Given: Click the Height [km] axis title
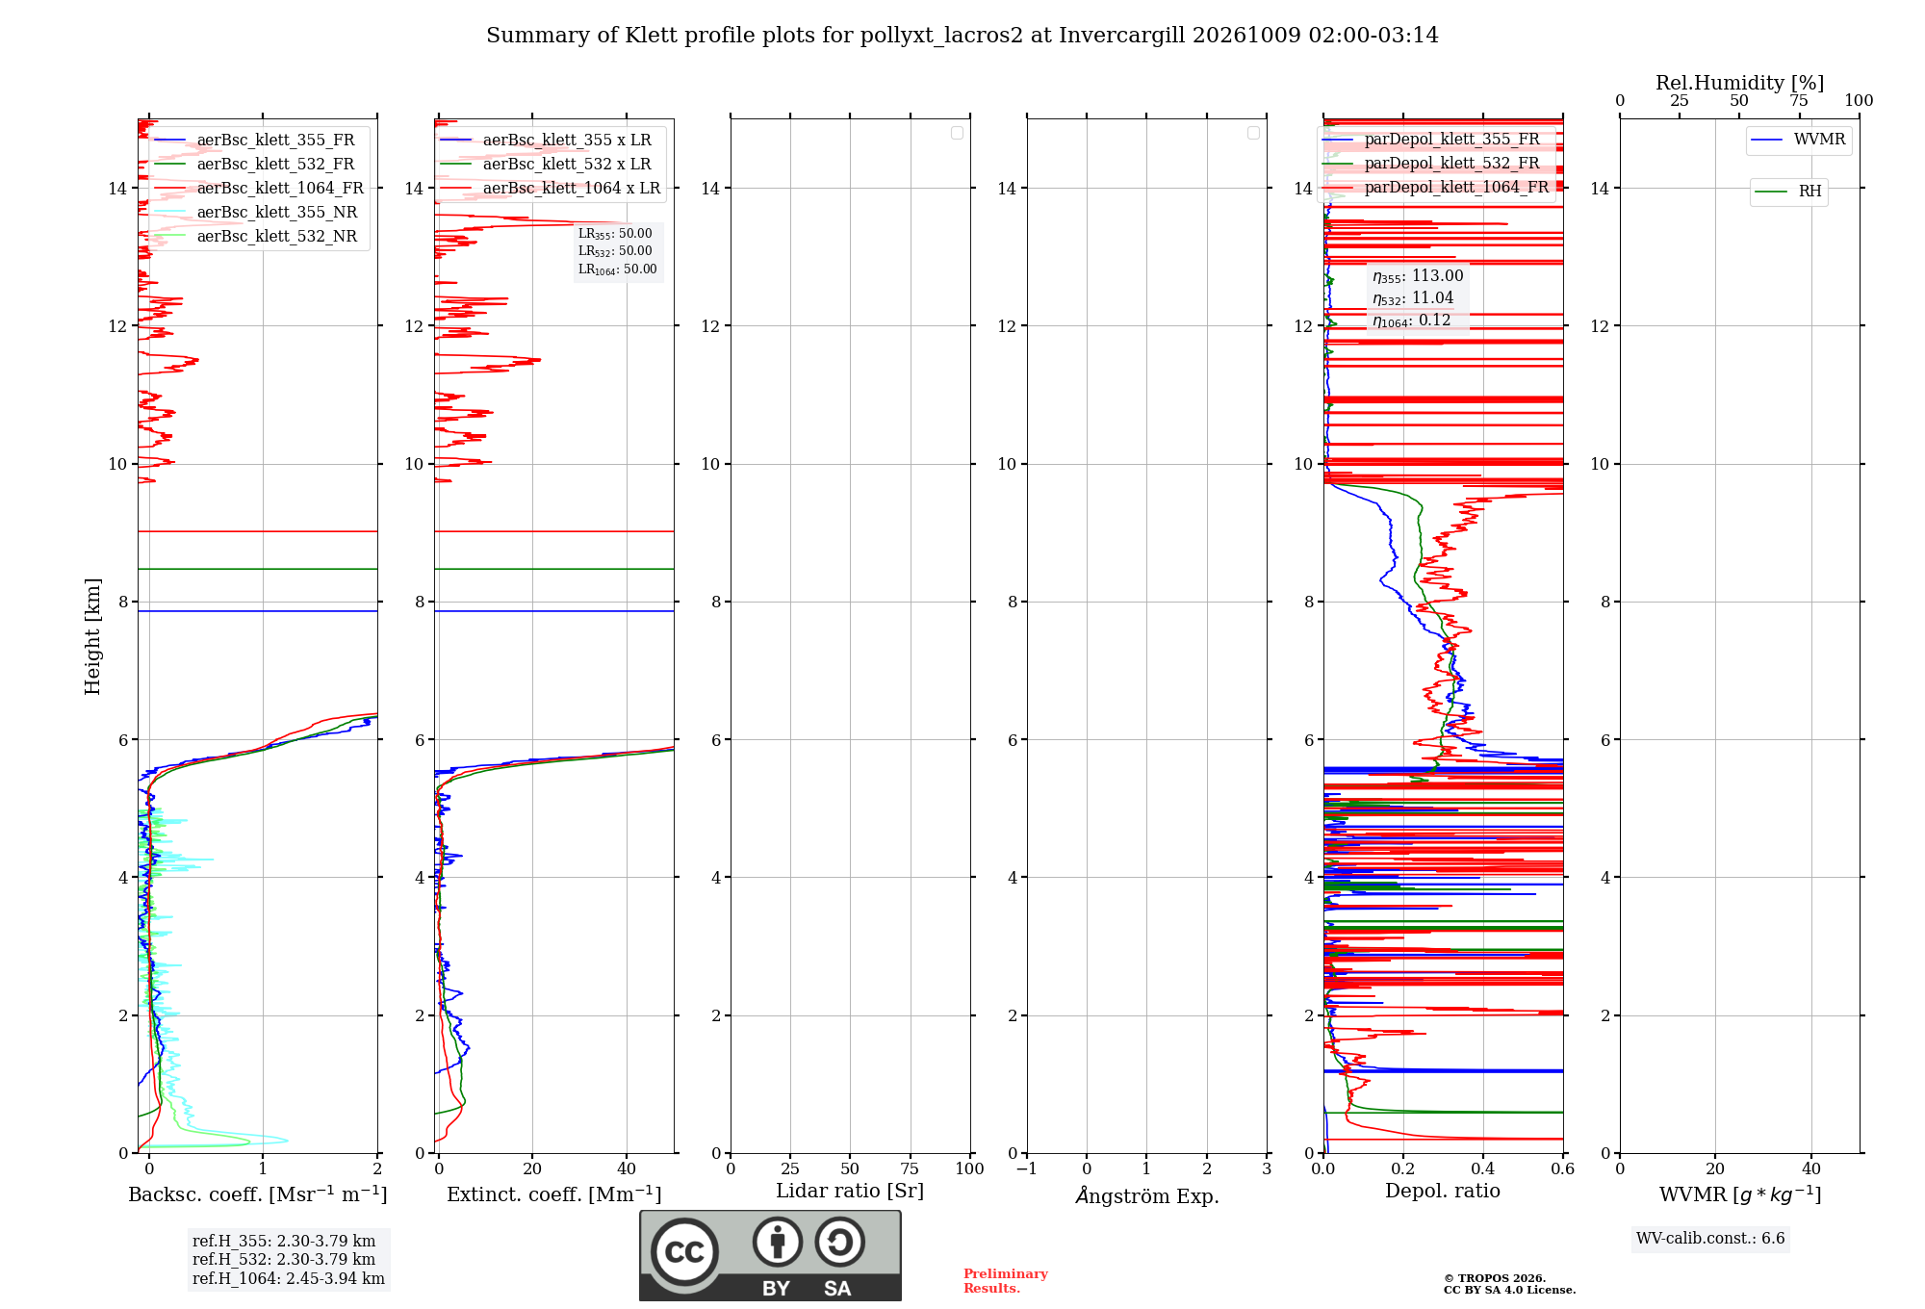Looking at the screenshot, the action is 92,636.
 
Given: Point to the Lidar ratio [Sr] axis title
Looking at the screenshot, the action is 850,1192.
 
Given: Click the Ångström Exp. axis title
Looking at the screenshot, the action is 1147,1194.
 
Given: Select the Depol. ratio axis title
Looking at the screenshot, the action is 1443,1191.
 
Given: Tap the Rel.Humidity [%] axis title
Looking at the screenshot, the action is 1740,83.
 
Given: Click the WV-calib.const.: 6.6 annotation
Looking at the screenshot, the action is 1710,1239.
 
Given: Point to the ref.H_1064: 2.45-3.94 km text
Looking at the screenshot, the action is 289,1279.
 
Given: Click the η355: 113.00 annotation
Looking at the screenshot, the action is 1418,276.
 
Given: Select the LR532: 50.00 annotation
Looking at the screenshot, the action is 615,251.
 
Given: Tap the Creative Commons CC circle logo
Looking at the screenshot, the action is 684,1252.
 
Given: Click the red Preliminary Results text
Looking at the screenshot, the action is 1006,1281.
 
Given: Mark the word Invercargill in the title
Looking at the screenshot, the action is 1122,36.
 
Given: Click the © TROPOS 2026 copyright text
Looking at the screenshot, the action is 1495,1278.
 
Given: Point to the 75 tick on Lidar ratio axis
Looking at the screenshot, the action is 910,1169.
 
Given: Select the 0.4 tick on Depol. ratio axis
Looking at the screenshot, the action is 1483,1169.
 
